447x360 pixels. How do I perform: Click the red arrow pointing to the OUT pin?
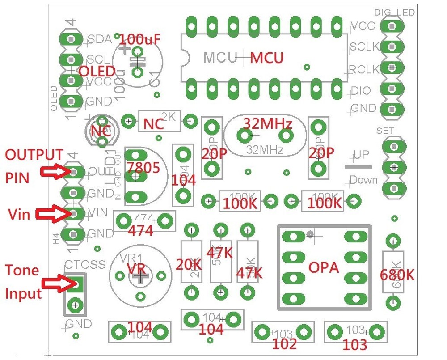pos(53,172)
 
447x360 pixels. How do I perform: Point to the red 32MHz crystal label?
pos(267,123)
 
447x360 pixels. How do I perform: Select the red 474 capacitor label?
pos(140,231)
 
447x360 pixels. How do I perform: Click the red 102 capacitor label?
pos(284,344)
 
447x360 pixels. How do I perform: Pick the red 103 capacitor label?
pos(355,344)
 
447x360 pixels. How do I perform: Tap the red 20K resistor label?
pos(188,265)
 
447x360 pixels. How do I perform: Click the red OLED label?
pos(97,72)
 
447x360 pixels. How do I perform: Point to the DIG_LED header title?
pos(394,12)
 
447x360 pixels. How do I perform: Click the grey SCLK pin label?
pos(364,47)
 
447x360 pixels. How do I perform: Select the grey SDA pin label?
pos(99,39)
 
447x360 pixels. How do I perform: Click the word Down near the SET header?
pos(363,180)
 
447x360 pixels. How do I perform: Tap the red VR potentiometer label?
pos(136,269)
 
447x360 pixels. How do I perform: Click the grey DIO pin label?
pos(361,91)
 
